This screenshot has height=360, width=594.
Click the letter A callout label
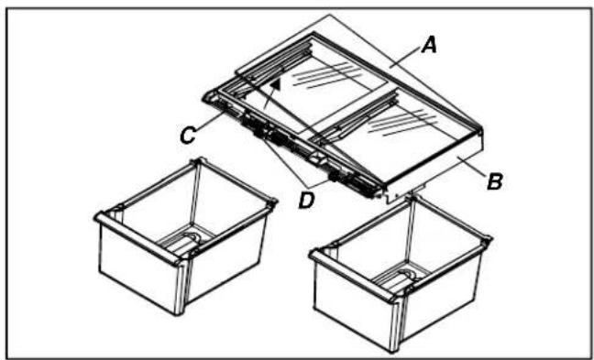tap(429, 46)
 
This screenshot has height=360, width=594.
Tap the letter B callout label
tap(494, 182)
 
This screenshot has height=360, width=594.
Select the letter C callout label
tap(188, 136)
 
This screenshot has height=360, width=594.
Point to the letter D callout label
tap(306, 201)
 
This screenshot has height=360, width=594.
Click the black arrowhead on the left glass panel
tap(277, 84)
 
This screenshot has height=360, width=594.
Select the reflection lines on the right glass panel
tap(402, 122)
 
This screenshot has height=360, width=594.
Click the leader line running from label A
tap(406, 56)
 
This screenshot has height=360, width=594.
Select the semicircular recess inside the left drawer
tap(192, 239)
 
